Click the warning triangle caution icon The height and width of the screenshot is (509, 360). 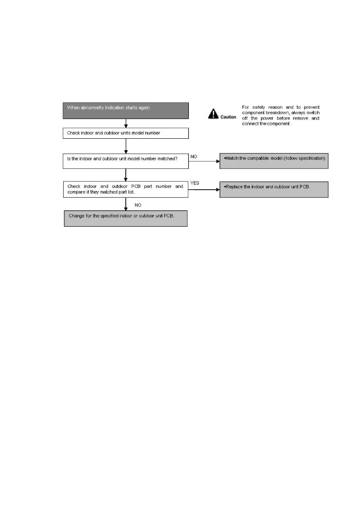(213, 114)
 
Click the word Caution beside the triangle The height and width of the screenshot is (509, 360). (228, 117)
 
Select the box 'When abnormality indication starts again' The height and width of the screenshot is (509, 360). (126, 111)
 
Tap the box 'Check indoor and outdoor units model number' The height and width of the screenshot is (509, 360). (126, 133)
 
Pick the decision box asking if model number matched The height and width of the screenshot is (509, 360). (126, 161)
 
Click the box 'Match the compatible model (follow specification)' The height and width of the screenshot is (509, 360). (274, 161)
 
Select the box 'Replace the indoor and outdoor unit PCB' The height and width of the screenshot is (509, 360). (274, 190)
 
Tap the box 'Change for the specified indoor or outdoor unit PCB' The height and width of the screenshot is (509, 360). (126, 219)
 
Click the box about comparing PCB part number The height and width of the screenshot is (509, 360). (126, 190)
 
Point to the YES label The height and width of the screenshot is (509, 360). (195, 183)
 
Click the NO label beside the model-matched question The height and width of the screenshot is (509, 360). (194, 157)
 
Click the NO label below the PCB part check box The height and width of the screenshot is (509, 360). (138, 205)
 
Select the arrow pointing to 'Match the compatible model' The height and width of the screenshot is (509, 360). (204, 161)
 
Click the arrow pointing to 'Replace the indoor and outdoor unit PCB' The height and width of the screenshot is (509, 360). (204, 190)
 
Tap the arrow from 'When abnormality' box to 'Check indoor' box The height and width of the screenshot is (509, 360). (126, 123)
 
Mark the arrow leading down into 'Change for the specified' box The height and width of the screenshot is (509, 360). (126, 204)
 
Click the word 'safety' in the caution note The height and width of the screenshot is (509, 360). (258, 107)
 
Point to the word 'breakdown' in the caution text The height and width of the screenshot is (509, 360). (277, 113)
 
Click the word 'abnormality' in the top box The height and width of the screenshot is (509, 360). (92, 108)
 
